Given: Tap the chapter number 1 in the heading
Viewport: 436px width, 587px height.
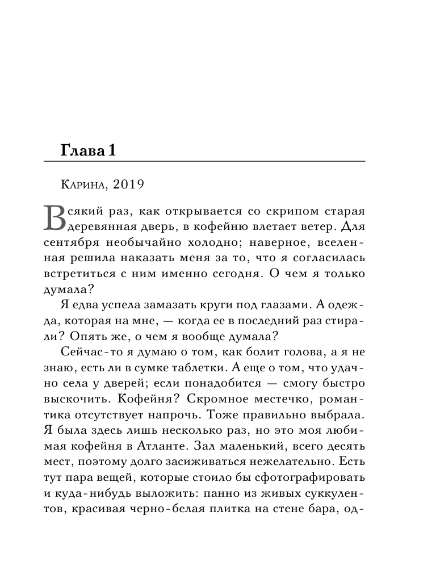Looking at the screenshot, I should pos(112,151).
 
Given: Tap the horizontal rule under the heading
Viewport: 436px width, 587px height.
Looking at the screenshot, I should pos(204,163).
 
